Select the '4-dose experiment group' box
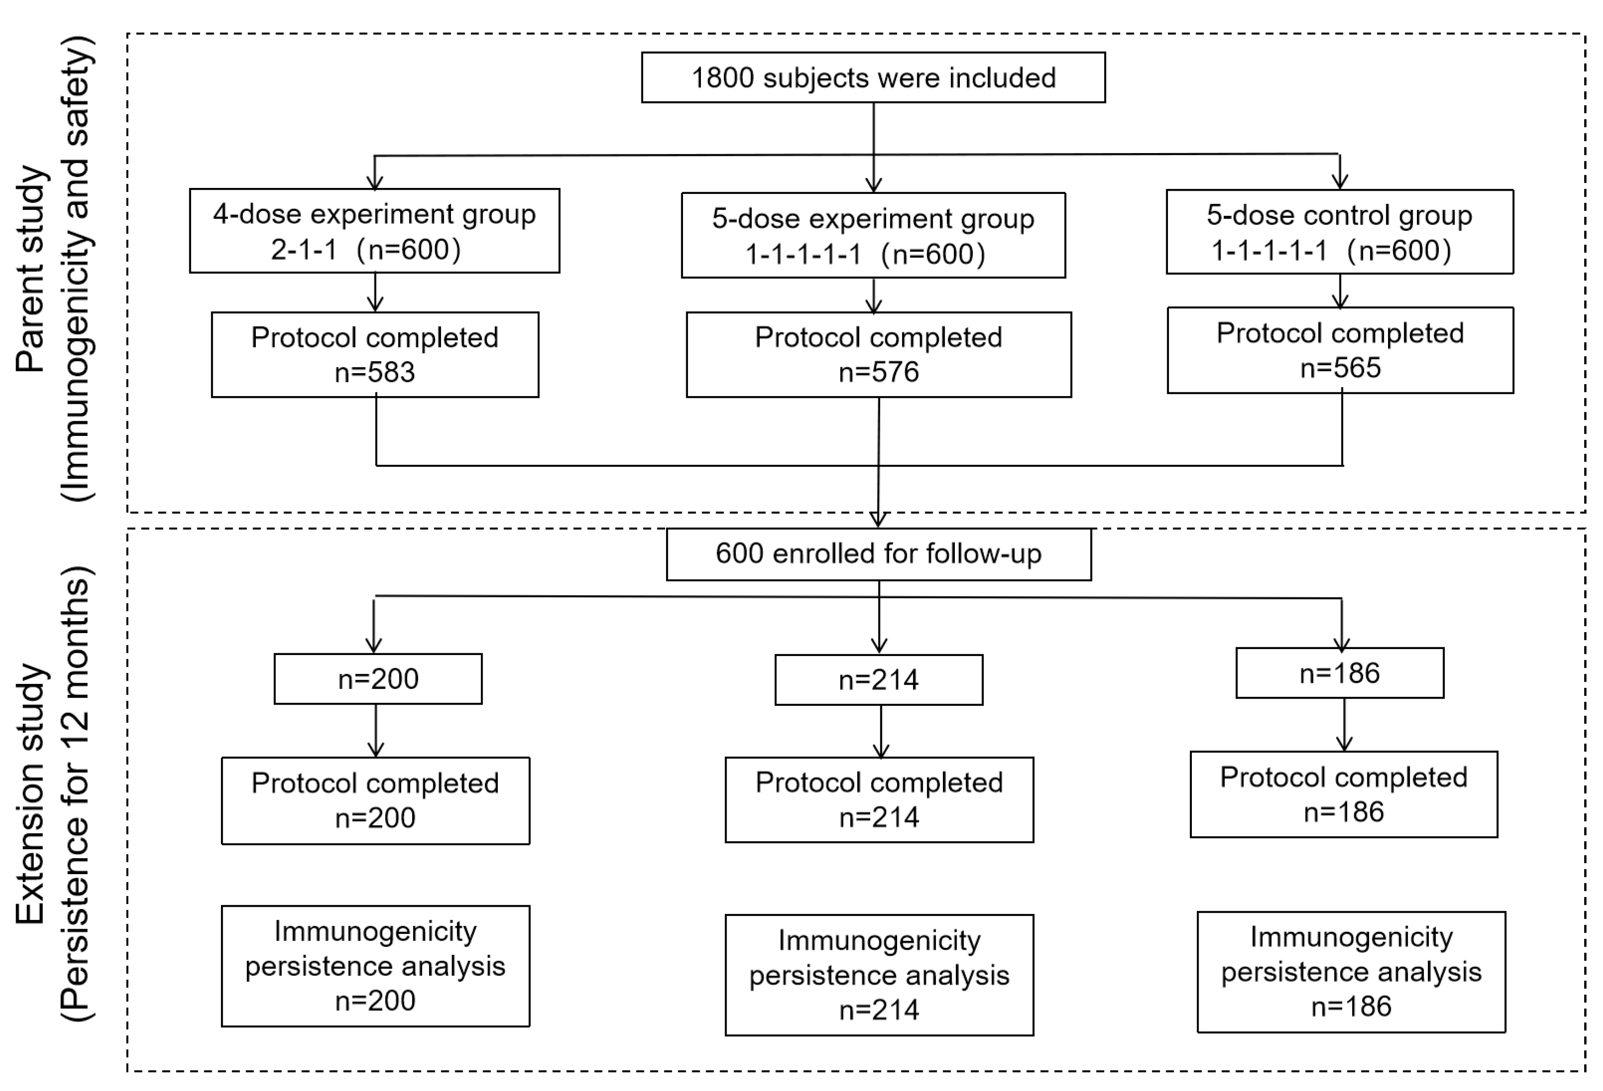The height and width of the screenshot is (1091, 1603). pyautogui.click(x=374, y=230)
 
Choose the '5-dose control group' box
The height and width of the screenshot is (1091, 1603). pyautogui.click(x=1339, y=231)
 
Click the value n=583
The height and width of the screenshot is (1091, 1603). pyautogui.click(x=375, y=372)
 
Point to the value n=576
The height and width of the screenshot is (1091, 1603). pyautogui.click(x=878, y=372)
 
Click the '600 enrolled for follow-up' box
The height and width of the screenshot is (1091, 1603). pyautogui.click(x=878, y=554)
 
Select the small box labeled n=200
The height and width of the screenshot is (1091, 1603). pyautogui.click(x=378, y=678)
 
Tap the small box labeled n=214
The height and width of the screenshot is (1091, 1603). pyautogui.click(x=878, y=680)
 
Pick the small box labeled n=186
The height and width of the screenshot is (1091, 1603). pyautogui.click(x=1339, y=673)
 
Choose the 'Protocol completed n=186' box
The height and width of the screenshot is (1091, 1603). pyautogui.click(x=1343, y=794)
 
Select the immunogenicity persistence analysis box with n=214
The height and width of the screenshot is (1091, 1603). pyautogui.click(x=879, y=975)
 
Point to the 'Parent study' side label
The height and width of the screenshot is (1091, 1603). pyautogui.click(x=31, y=269)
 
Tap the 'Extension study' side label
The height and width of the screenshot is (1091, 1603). pyautogui.click(x=31, y=793)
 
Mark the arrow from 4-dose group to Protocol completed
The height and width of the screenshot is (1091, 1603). pyautogui.click(x=375, y=293)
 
